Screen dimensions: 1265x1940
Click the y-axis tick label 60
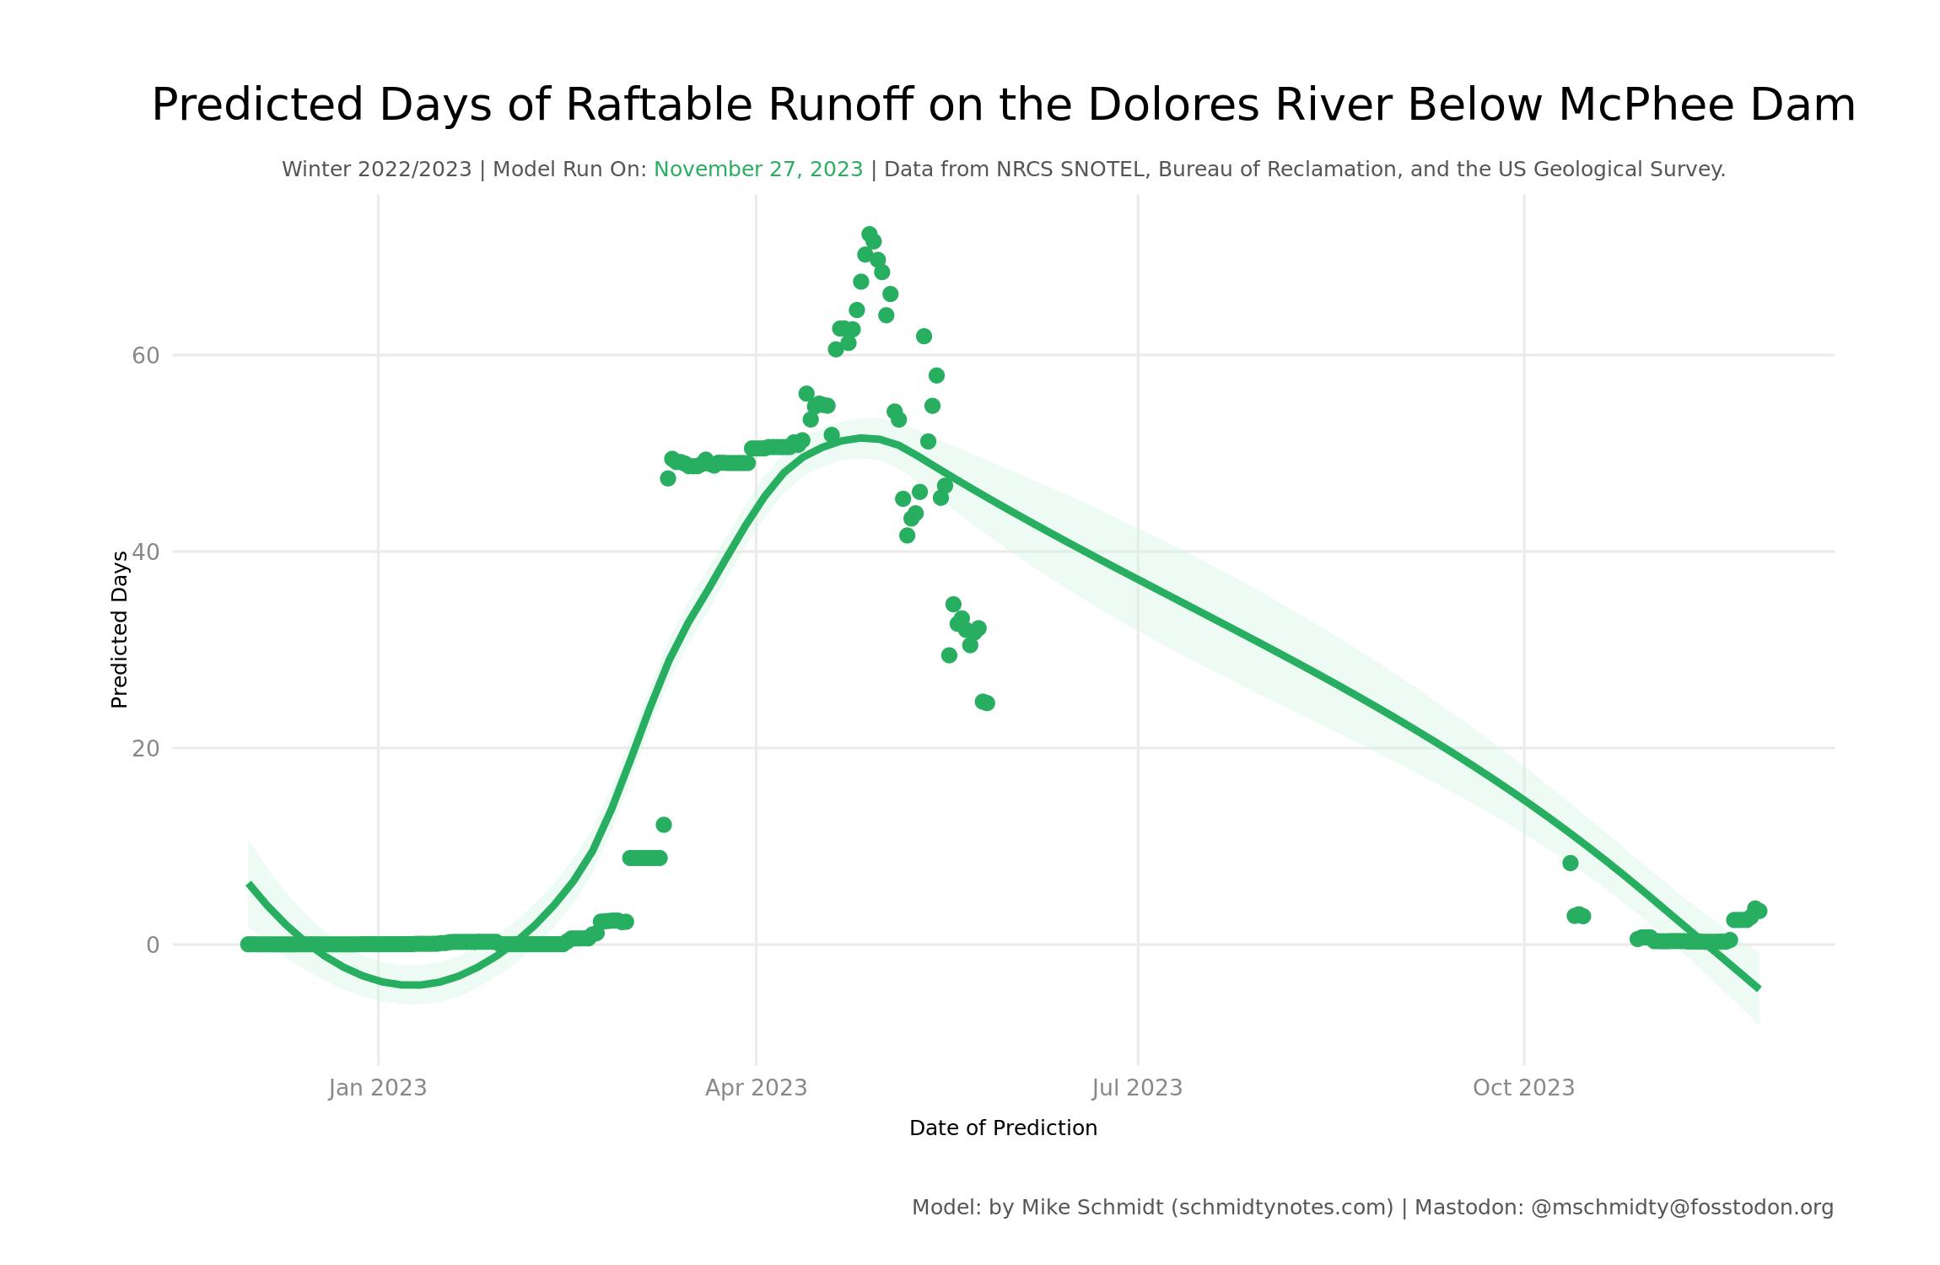point(145,356)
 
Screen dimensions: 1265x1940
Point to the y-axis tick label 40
point(145,552)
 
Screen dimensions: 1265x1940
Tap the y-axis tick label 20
point(145,749)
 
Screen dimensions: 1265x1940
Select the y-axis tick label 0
point(152,945)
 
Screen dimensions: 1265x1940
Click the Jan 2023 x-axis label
point(377,1088)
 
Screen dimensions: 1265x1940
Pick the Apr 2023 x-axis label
point(756,1088)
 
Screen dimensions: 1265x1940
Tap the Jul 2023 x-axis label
point(1137,1088)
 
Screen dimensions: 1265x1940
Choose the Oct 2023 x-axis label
point(1523,1088)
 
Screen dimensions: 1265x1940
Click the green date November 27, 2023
point(757,170)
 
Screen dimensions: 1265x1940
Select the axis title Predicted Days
point(120,629)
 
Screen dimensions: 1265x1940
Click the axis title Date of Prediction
point(1003,1128)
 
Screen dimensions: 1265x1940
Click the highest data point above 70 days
point(869,234)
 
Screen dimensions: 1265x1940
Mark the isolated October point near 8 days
point(1570,863)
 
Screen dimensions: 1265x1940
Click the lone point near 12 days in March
point(664,825)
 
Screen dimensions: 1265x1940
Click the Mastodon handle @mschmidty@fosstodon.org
point(1682,1208)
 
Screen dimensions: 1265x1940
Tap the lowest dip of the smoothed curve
point(411,984)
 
